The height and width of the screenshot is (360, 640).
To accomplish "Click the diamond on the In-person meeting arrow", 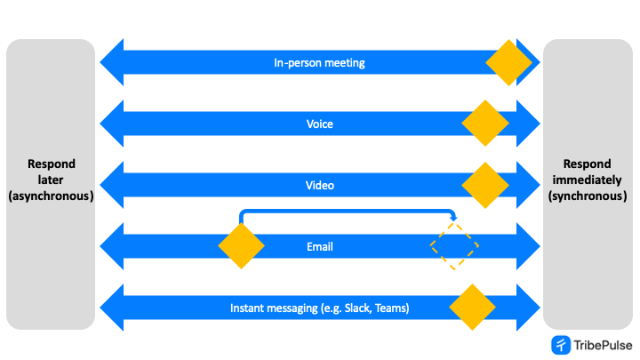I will (x=508, y=62).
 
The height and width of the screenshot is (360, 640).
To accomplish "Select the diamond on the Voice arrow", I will (x=485, y=124).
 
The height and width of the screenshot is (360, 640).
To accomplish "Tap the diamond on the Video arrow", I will (x=485, y=185).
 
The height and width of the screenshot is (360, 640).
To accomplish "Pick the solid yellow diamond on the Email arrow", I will (x=241, y=246).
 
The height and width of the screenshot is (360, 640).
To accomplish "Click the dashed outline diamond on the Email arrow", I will (x=454, y=246).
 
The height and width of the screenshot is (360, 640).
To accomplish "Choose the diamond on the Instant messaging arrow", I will (x=472, y=308).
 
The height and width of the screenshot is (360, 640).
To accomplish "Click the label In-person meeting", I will (x=319, y=63).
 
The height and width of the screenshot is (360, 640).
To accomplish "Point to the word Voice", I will (x=319, y=124).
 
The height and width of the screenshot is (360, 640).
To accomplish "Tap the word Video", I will (x=319, y=186).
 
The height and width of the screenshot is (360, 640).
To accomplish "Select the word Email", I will (x=319, y=246).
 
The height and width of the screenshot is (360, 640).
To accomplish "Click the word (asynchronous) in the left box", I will (x=51, y=196).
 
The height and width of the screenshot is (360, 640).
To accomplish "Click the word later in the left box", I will (x=51, y=180).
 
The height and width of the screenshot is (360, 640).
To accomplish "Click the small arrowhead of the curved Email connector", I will (x=454, y=218).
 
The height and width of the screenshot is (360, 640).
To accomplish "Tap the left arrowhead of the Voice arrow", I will (x=110, y=124).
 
